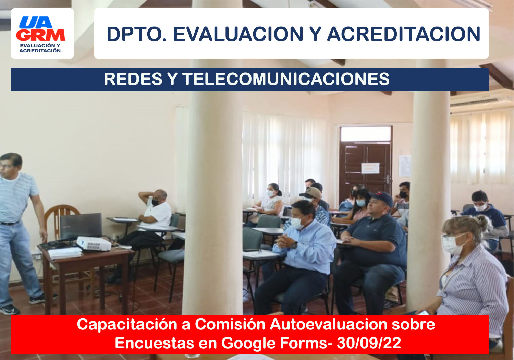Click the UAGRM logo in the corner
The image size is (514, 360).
[x=40, y=34]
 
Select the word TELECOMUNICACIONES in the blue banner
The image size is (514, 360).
[x=286, y=79]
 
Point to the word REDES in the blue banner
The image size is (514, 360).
[x=133, y=79]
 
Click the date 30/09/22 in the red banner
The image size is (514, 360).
[x=369, y=343]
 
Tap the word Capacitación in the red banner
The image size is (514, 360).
[x=127, y=325]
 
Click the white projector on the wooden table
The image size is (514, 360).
[x=94, y=243]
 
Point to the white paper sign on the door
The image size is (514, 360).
[x=370, y=168]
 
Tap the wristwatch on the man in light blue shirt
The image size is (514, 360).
[x=294, y=245]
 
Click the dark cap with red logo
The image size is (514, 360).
[x=382, y=198]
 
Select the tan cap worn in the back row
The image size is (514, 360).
[x=311, y=193]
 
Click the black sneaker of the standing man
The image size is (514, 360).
[x=9, y=310]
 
